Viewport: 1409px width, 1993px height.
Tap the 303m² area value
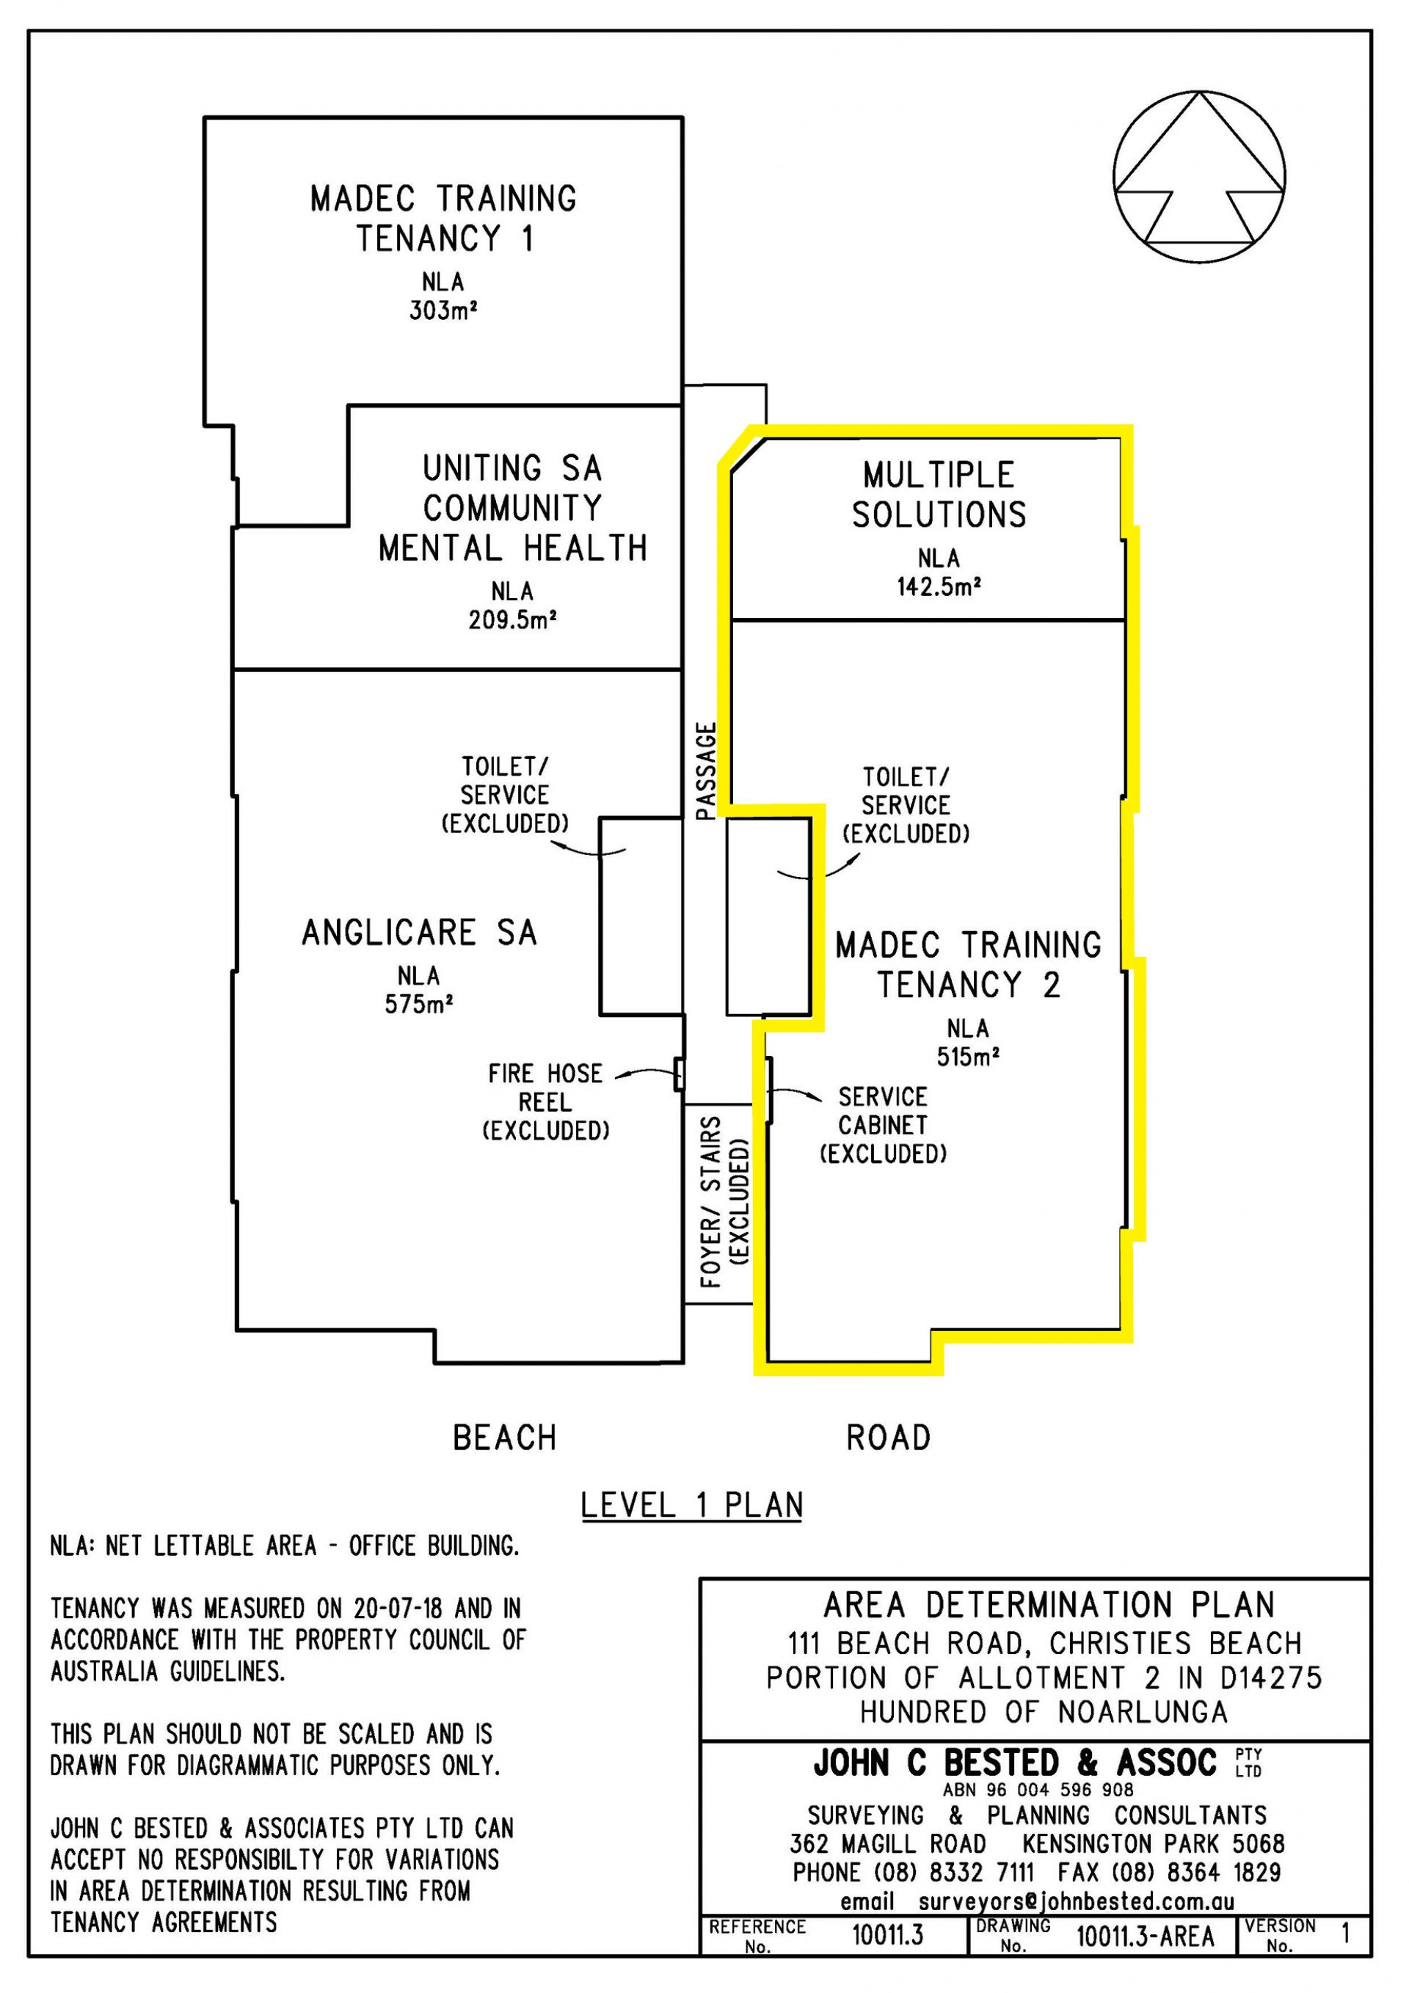[x=444, y=310]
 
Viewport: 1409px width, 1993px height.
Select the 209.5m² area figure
[x=511, y=620]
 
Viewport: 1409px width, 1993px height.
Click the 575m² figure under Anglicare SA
[x=418, y=1005]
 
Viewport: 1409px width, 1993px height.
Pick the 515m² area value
[x=967, y=1057]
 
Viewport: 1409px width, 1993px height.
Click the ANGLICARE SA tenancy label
[x=419, y=933]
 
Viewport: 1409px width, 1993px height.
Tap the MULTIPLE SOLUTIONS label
[x=939, y=495]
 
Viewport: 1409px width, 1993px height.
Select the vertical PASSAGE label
[x=707, y=770]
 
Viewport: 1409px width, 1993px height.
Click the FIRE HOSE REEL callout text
[x=545, y=1101]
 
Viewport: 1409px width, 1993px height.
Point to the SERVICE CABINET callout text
[x=883, y=1125]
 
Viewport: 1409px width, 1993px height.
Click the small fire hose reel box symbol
[x=680, y=1074]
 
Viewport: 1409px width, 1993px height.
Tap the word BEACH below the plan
[x=504, y=1438]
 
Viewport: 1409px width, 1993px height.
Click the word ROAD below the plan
[x=888, y=1438]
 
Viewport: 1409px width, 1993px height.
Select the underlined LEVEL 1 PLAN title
[x=691, y=1505]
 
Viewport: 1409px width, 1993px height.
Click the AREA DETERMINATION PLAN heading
[x=1048, y=1605]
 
